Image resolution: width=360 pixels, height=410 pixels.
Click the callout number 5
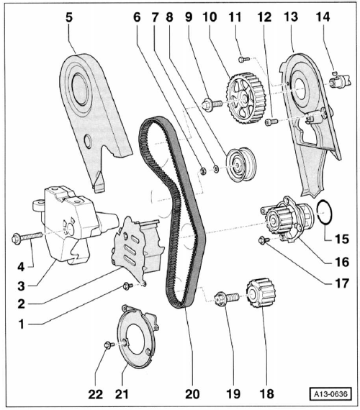click(69, 17)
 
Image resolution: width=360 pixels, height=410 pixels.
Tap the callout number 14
click(323, 17)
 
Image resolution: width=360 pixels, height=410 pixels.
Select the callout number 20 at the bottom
click(192, 394)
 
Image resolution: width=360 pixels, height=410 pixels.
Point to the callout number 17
click(342, 283)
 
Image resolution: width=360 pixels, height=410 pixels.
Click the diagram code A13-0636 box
click(330, 393)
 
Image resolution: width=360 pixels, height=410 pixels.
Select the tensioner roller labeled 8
click(241, 164)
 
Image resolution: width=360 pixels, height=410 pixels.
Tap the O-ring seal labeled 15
click(325, 212)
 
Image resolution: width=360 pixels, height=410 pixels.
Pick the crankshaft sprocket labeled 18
click(261, 293)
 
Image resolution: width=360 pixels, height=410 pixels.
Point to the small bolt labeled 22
click(109, 345)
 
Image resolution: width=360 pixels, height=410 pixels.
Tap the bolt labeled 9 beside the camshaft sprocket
click(212, 104)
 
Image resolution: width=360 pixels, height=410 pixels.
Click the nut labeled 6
click(203, 171)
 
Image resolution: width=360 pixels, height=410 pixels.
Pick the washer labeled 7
click(216, 169)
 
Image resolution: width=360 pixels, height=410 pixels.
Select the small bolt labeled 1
click(127, 286)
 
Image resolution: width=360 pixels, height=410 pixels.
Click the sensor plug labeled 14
click(339, 81)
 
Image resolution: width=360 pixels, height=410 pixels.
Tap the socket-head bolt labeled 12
click(271, 122)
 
